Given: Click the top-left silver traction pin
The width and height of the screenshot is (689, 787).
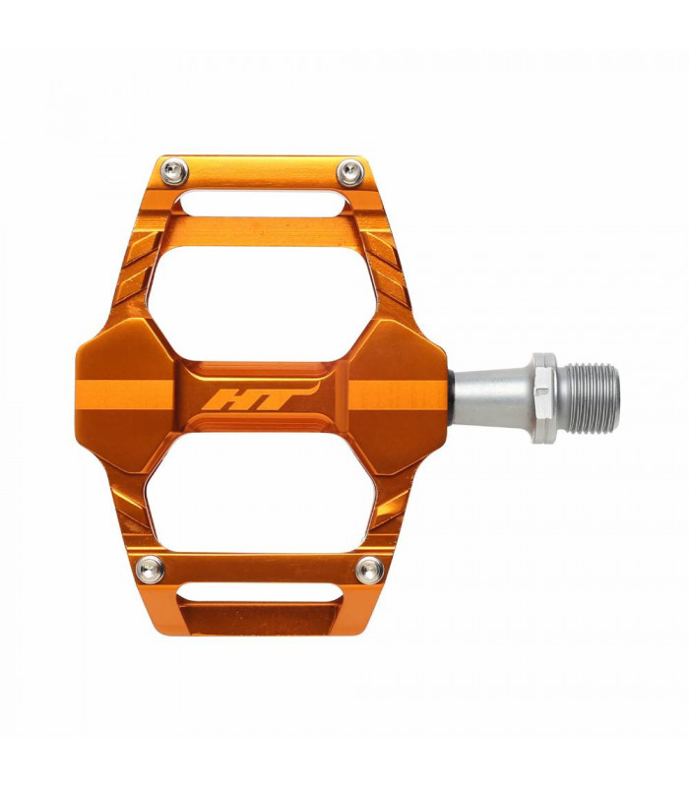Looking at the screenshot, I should (175, 173).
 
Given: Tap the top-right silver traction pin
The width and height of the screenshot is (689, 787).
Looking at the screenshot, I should (347, 174).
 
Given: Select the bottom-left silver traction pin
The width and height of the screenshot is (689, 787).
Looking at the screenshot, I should (150, 569).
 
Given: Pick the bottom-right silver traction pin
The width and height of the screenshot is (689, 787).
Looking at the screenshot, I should (369, 569).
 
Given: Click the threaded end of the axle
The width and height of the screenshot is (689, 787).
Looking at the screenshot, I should (589, 397).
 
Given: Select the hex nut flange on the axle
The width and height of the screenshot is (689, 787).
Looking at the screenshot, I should (544, 397).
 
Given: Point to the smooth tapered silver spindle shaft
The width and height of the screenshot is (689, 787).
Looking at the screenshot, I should (492, 396).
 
